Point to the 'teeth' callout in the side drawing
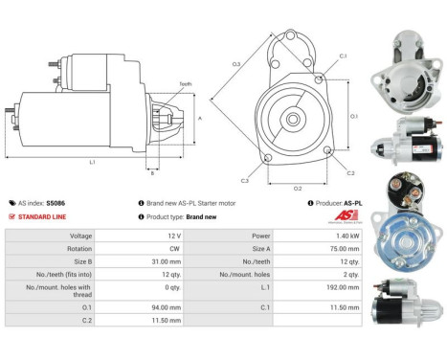pyautogui.click(x=185, y=85)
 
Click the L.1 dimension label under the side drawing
pyautogui.click(x=92, y=163)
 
